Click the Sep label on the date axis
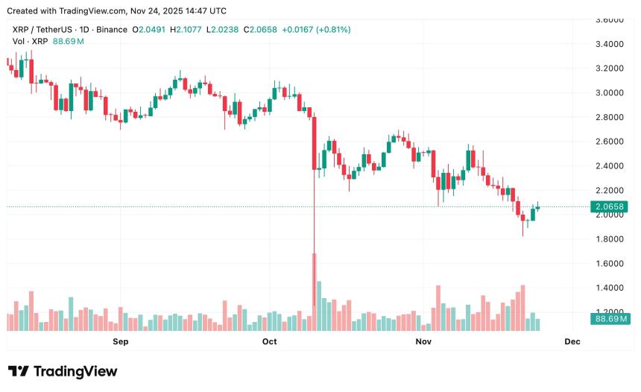click(120, 341)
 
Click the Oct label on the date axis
click(269, 341)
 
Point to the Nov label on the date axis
click(423, 341)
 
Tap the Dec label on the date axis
click(572, 341)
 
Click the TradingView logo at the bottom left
click(63, 371)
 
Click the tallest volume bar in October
click(315, 291)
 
